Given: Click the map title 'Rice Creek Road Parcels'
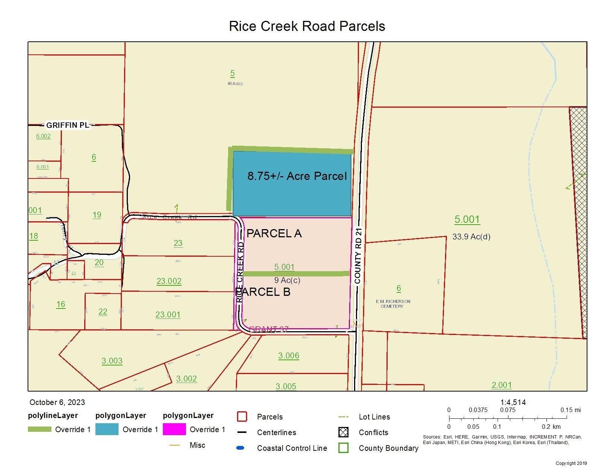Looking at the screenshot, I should [307, 26].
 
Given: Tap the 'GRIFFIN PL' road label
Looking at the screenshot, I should [67, 125].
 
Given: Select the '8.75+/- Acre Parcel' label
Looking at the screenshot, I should [297, 176].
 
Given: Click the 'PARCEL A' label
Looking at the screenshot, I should [274, 234].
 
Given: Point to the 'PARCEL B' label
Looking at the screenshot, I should [263, 292].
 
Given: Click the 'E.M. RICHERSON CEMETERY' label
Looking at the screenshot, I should [393, 304].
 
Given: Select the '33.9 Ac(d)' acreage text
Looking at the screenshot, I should [471, 237].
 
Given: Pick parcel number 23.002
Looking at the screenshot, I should [169, 281].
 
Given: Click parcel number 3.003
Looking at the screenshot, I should [112, 361].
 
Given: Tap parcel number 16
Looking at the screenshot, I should [61, 304].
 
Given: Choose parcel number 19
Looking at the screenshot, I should [97, 215].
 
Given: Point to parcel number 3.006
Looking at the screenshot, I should [288, 355].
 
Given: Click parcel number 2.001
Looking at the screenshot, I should [502, 385].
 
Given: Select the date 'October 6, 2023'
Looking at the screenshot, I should [57, 402].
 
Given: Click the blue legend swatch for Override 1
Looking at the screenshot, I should [107, 430].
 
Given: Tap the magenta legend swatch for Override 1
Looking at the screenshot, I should [174, 430].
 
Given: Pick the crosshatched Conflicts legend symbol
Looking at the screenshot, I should [343, 432].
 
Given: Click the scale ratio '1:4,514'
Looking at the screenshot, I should [513, 402].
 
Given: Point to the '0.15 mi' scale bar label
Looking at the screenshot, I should [570, 410].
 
